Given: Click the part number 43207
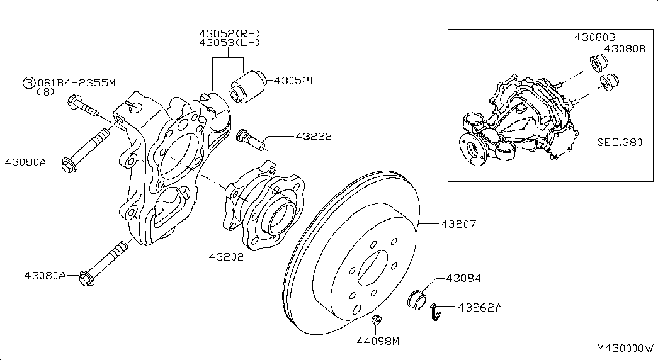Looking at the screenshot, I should point(459,224).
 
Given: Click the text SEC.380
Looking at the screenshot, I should point(620,142).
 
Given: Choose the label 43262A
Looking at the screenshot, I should point(480,308).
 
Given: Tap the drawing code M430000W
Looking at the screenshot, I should point(626,347).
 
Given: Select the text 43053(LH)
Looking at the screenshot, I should point(229,43).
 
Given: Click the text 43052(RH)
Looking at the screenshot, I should point(229,33).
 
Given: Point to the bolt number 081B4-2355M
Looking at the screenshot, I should point(77,82).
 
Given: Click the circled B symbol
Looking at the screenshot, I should point(28,82).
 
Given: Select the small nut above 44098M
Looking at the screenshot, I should point(377,321).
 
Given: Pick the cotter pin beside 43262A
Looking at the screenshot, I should point(434,312).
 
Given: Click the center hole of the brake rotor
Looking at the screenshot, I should point(372,268).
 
